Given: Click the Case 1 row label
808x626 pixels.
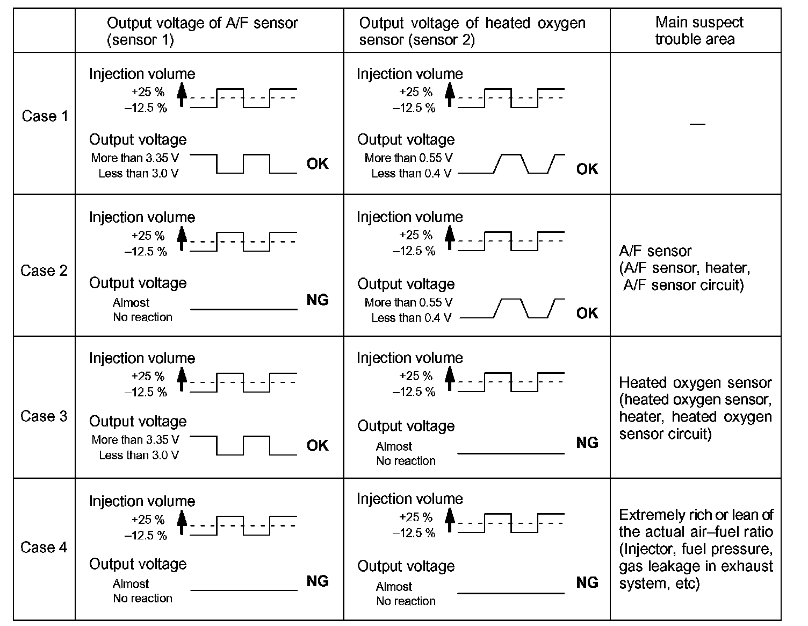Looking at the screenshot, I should pyautogui.click(x=45, y=116).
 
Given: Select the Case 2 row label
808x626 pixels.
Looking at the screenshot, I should pyautogui.click(x=44, y=271).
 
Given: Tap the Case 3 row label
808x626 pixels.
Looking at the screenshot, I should pyautogui.click(x=44, y=416).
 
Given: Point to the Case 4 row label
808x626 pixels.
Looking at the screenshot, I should pyautogui.click(x=44, y=547).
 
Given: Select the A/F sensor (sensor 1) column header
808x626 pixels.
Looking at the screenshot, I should pyautogui.click(x=202, y=31).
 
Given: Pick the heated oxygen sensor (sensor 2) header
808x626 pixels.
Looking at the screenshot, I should pyautogui.click(x=472, y=31).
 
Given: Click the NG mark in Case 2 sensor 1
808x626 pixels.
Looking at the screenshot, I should pyautogui.click(x=318, y=300).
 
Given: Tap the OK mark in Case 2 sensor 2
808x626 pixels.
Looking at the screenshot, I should pyautogui.click(x=587, y=313).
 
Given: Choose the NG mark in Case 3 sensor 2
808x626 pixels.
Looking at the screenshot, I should pyautogui.click(x=587, y=443).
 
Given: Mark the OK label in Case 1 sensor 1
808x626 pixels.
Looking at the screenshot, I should pyautogui.click(x=318, y=163).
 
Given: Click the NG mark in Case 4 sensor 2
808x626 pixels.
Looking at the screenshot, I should pyautogui.click(x=587, y=582).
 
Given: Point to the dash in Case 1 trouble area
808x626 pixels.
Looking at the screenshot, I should pyautogui.click(x=697, y=124).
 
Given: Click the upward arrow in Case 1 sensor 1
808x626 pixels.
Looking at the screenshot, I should pyautogui.click(x=182, y=95).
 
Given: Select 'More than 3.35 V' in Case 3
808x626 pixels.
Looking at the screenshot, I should pyautogui.click(x=135, y=439).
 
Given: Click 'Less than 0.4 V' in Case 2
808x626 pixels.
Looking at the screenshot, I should pyautogui.click(x=411, y=318).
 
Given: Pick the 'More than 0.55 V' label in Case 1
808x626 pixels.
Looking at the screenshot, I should pyautogui.click(x=408, y=158).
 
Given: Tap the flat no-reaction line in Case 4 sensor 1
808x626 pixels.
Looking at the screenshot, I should pyautogui.click(x=244, y=591).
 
